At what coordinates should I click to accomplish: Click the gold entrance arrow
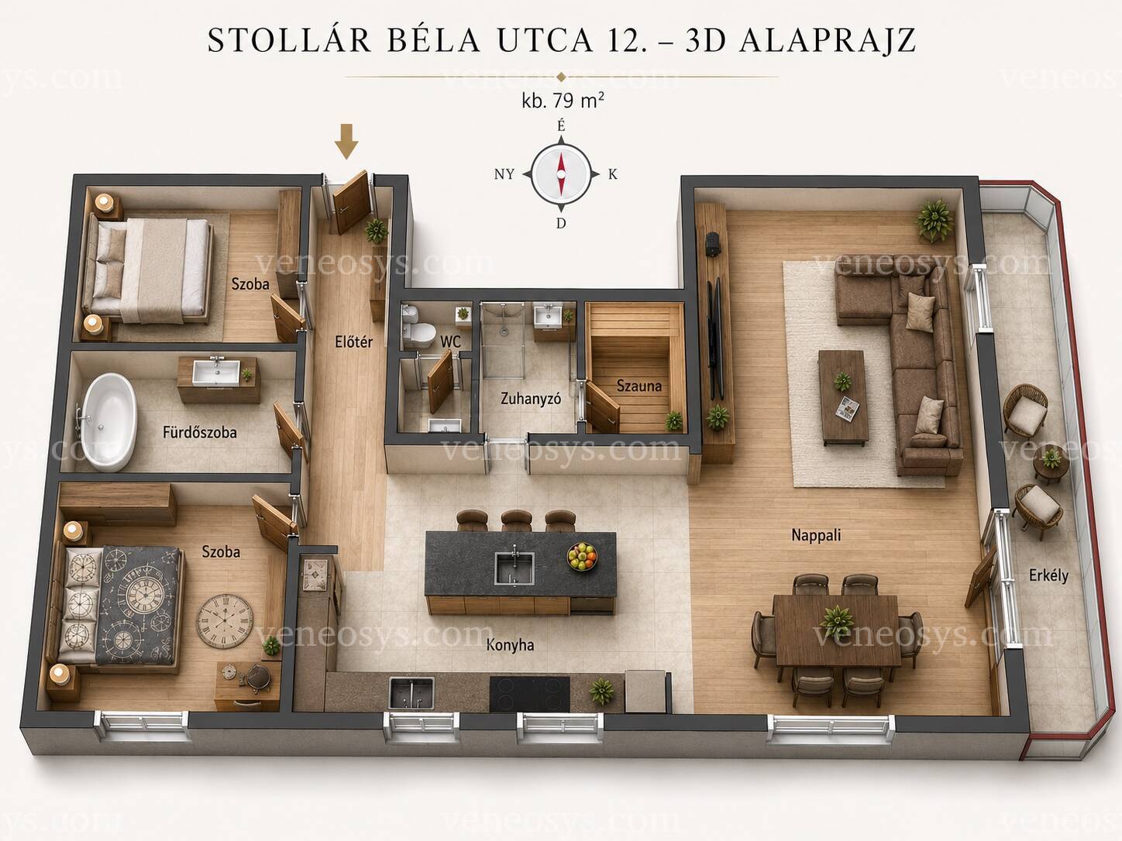(346, 141)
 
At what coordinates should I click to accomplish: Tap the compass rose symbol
(561, 175)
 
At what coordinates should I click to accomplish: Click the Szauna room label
(639, 386)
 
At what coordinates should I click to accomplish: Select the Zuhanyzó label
(531, 398)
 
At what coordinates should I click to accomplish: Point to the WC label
(450, 341)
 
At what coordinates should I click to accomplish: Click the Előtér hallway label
(353, 342)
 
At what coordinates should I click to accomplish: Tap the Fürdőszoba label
(200, 432)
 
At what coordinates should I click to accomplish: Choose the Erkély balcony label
(1049, 575)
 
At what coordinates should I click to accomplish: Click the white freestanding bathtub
(109, 421)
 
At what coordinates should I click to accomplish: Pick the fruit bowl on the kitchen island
(582, 556)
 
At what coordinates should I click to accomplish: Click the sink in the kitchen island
(515, 568)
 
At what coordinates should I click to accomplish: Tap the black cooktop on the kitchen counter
(529, 694)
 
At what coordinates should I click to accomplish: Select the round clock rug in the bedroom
(225, 621)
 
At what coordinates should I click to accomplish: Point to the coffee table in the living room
(843, 396)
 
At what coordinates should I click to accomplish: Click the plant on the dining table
(837, 621)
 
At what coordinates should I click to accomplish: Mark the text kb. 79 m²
(563, 101)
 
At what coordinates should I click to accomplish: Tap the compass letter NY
(504, 175)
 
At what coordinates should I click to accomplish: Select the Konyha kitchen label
(510, 645)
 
